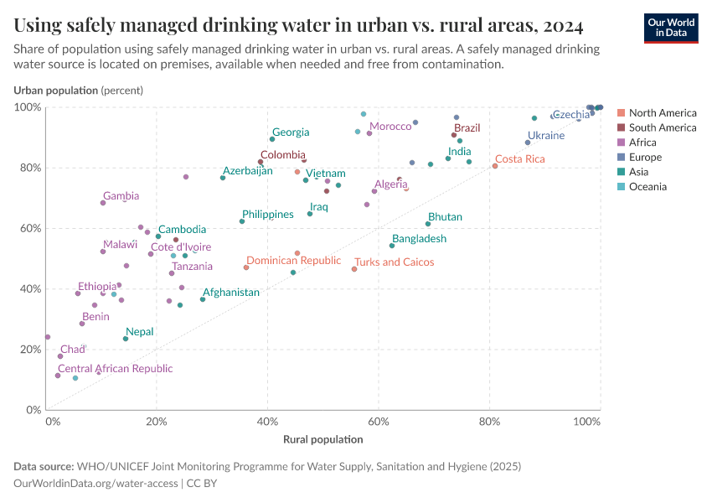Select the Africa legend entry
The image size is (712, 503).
(x=642, y=143)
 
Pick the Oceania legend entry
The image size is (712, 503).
(x=648, y=186)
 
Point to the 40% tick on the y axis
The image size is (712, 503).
(x=30, y=289)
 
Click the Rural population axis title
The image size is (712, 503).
(x=322, y=439)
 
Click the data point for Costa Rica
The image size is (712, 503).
(x=495, y=166)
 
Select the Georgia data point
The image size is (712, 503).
(x=272, y=139)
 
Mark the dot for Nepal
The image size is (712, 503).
(x=126, y=339)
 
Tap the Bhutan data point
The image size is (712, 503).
(x=428, y=224)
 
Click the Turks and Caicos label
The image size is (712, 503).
(x=394, y=262)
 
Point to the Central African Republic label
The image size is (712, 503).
(x=115, y=368)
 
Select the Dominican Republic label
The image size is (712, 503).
(x=293, y=261)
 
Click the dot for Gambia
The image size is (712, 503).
(x=103, y=203)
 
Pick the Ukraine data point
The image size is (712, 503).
(x=528, y=143)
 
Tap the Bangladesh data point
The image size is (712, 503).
(x=392, y=246)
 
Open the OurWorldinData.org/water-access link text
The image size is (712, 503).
(x=95, y=485)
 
